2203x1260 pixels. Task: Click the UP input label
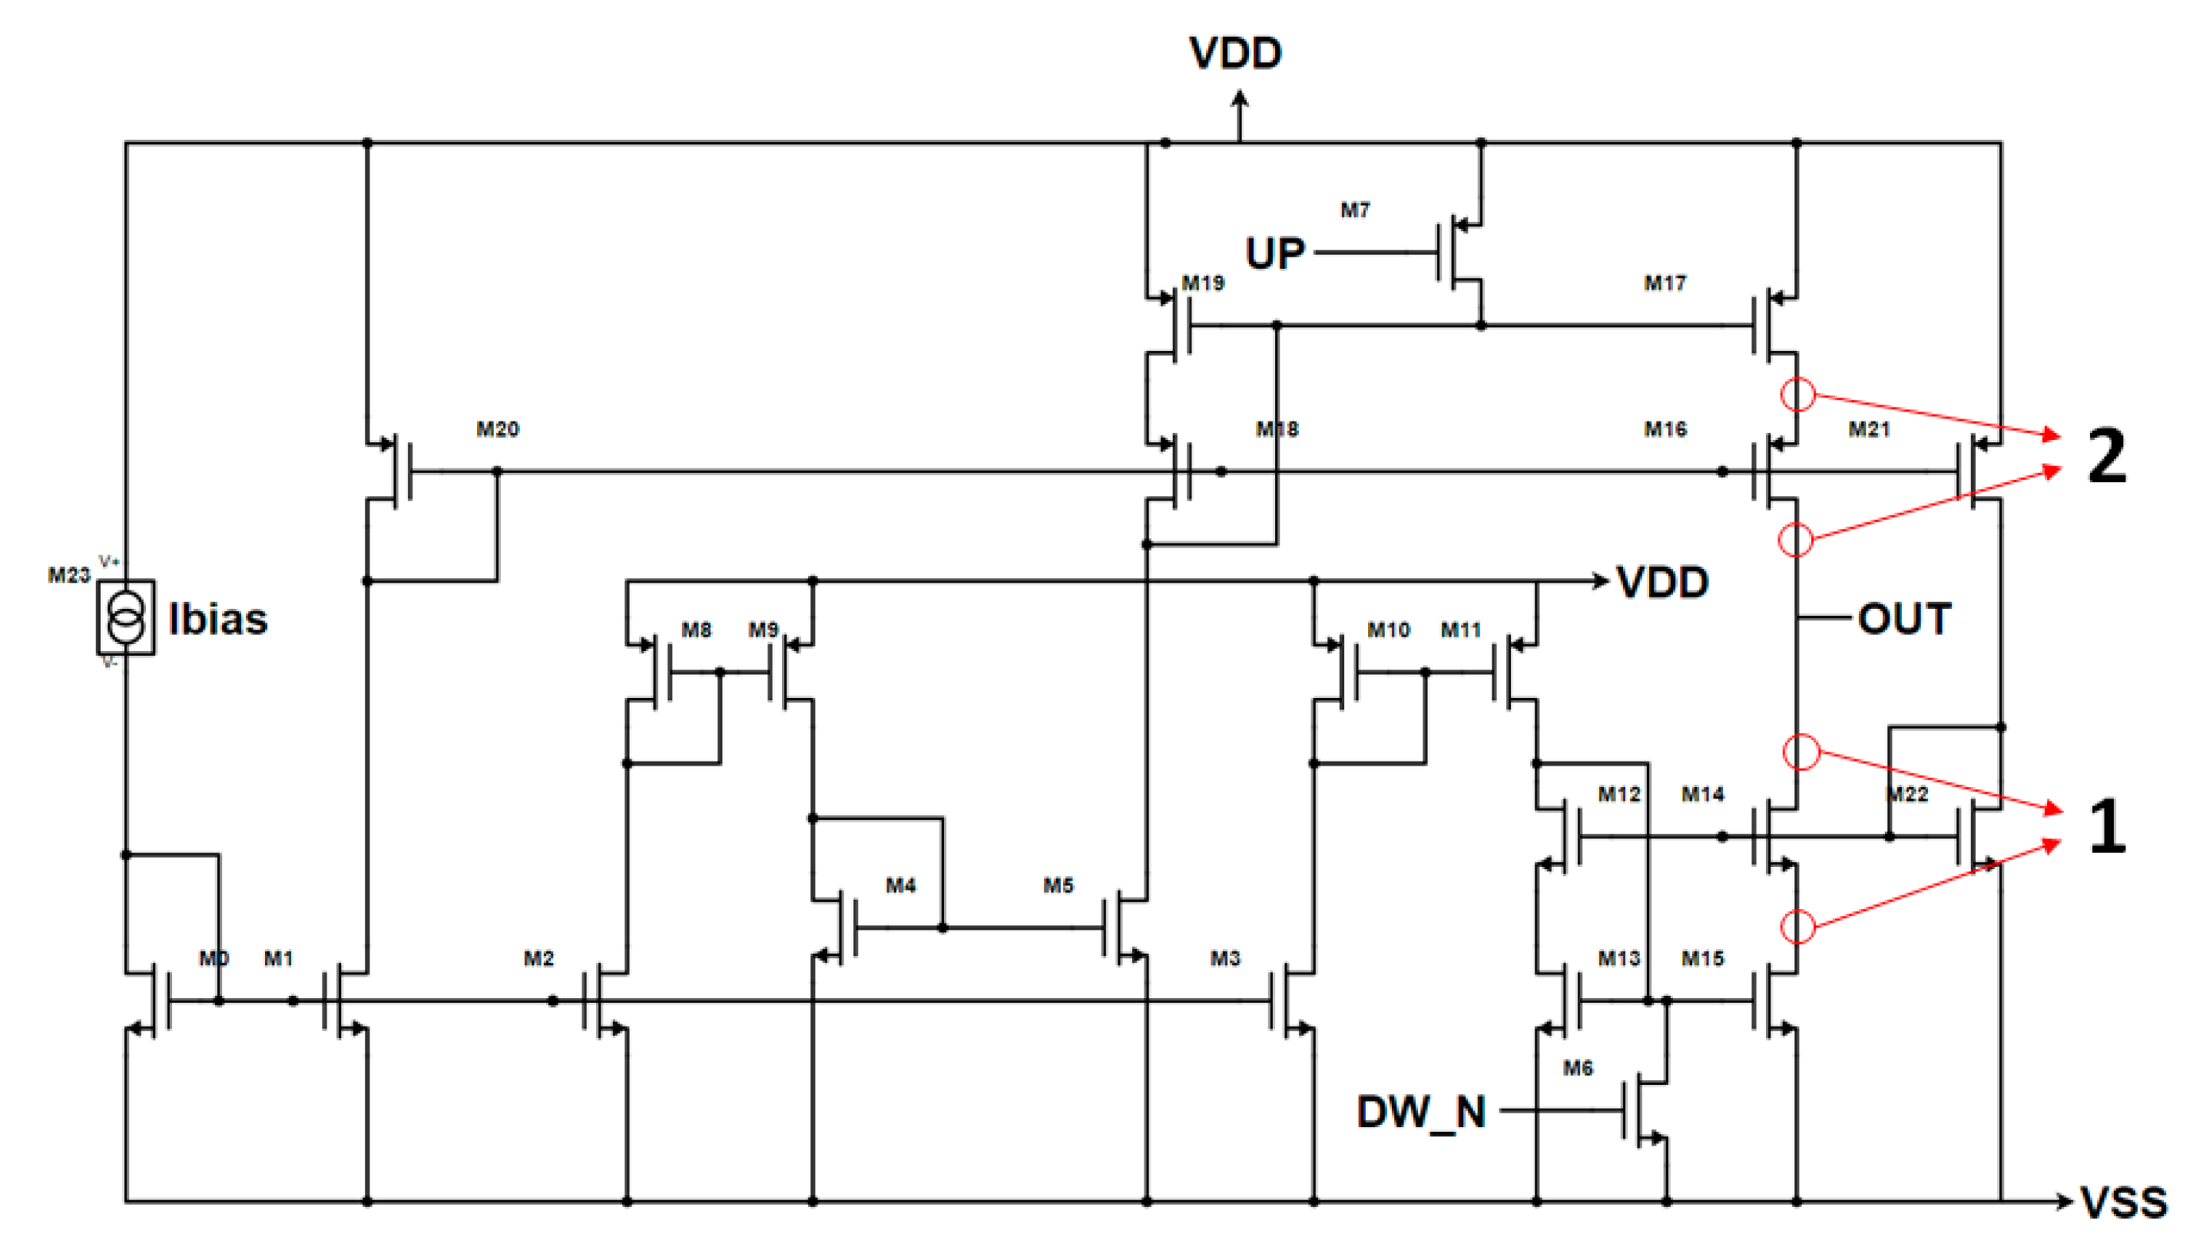point(1274,253)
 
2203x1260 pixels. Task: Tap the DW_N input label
point(1420,1112)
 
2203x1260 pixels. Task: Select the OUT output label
point(1903,620)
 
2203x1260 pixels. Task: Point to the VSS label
point(2123,1203)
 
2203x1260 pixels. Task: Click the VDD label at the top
point(1235,54)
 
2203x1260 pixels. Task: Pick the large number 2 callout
point(2105,456)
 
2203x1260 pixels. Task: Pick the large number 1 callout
point(2107,826)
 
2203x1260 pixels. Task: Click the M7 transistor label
point(1355,210)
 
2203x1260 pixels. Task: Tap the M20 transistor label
point(498,429)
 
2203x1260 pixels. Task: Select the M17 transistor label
point(1665,283)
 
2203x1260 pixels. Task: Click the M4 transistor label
point(900,885)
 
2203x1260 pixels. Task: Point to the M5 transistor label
point(1058,885)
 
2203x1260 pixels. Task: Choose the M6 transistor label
point(1577,1068)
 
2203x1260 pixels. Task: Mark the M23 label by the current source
point(68,575)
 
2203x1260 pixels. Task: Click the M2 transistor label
point(538,958)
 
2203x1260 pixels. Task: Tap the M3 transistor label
point(1225,958)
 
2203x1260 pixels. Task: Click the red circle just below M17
point(1798,395)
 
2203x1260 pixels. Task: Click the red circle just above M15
point(1798,927)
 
